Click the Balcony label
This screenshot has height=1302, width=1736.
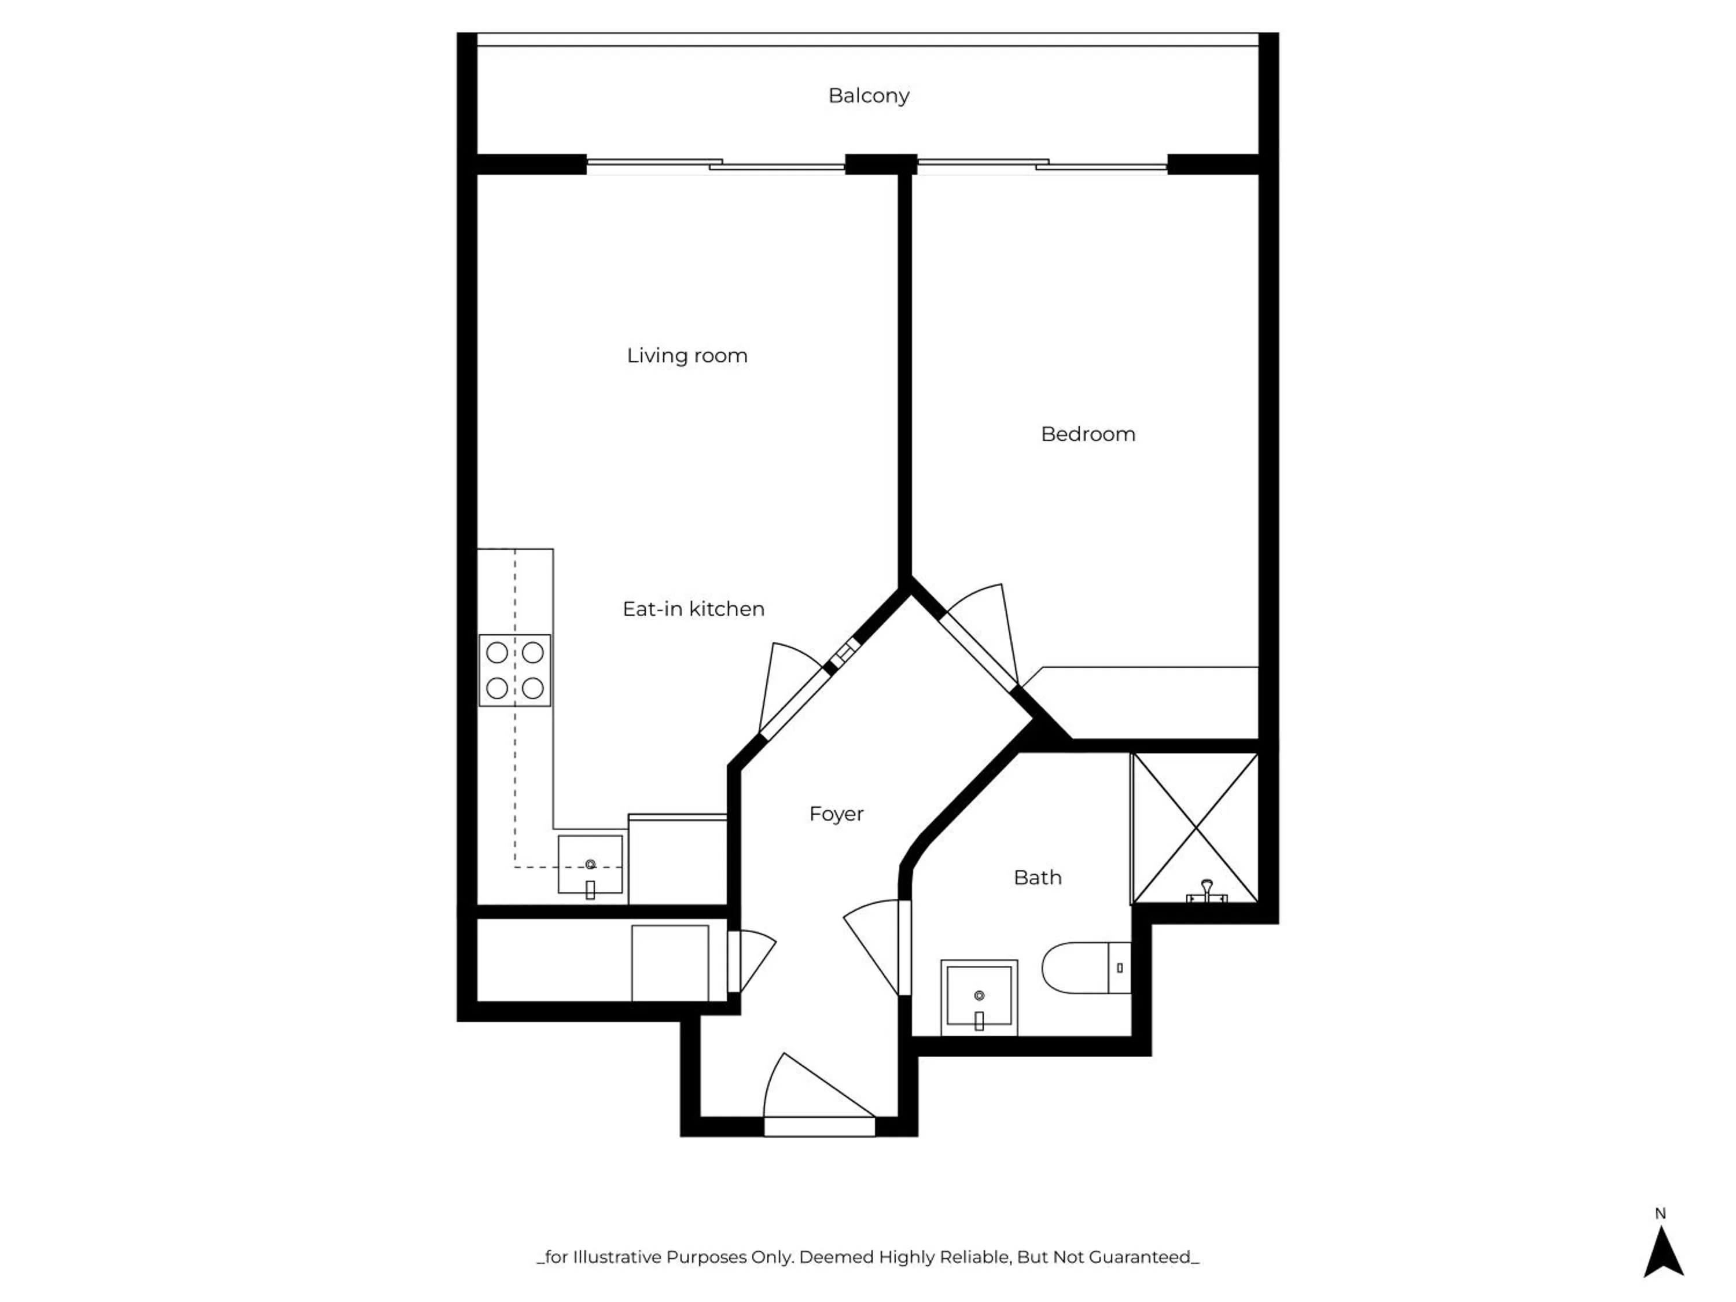tap(869, 95)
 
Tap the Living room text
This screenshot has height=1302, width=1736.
tap(687, 355)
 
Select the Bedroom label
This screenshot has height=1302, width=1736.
tap(1088, 434)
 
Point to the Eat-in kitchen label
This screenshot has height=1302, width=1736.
tap(693, 609)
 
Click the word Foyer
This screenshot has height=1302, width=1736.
tap(836, 814)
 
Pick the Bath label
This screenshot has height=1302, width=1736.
tap(1038, 877)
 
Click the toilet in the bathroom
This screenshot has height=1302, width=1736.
tap(1083, 968)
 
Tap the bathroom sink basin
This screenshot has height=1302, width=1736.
tap(979, 996)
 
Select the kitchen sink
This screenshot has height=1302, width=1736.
tap(590, 864)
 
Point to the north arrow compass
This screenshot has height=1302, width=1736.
tap(1663, 1253)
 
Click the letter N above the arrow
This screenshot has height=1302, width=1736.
tap(1661, 1213)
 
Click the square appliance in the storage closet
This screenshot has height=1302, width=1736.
tap(670, 963)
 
